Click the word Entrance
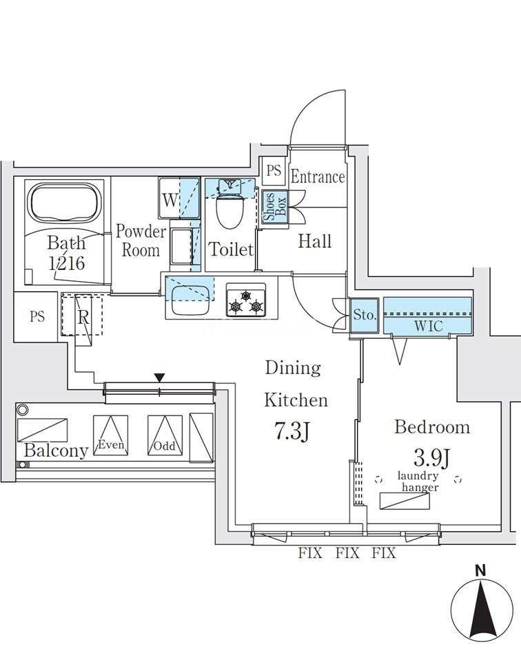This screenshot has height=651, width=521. click(317, 177)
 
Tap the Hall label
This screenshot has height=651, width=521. click(314, 241)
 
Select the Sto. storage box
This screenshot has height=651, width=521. click(365, 316)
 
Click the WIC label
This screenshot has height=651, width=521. click(428, 326)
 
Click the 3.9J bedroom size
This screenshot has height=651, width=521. click(431, 457)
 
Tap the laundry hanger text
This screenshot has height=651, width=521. click(418, 482)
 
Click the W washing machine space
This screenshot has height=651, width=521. click(169, 201)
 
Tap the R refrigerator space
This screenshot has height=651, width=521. click(83, 318)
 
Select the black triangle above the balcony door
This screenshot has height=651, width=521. click(159, 378)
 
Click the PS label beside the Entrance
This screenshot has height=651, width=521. click(274, 169)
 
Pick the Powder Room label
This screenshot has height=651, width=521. click(141, 240)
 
